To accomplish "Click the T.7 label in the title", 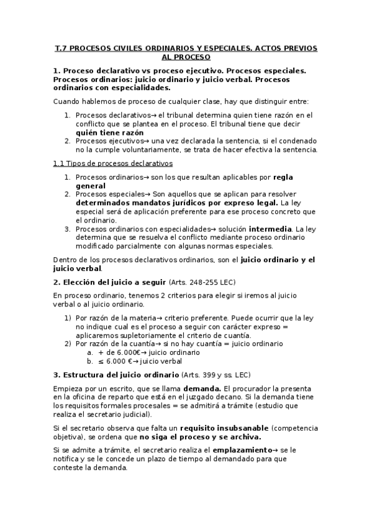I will (61, 48).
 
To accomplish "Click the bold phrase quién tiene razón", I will (109, 132).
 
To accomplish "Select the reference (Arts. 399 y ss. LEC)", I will (216, 375).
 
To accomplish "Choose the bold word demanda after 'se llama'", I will (201, 388).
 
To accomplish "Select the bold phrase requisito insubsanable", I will (224, 428).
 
